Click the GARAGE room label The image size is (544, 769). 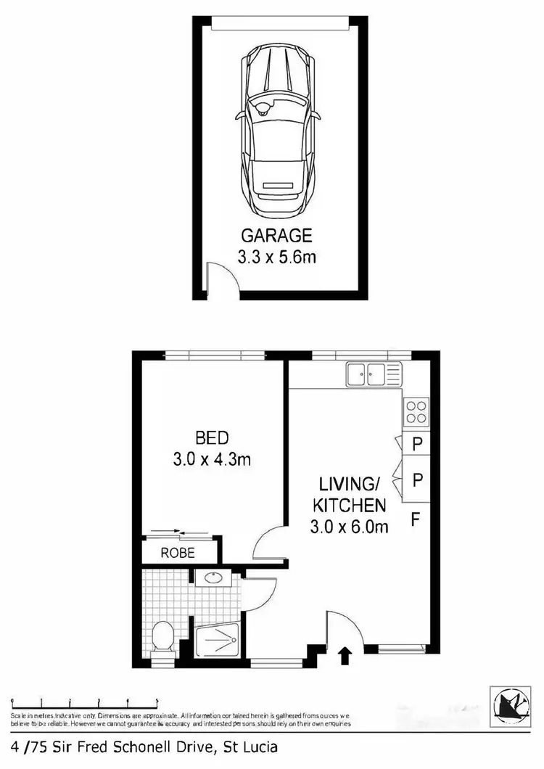click(276, 235)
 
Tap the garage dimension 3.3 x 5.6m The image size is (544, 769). click(276, 256)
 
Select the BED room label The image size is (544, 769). click(212, 437)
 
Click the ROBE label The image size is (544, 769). click(178, 553)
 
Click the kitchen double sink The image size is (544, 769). click(367, 375)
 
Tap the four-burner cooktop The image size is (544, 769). click(416, 412)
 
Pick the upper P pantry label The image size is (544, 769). click(416, 445)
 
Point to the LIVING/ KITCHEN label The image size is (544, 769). click(350, 493)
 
